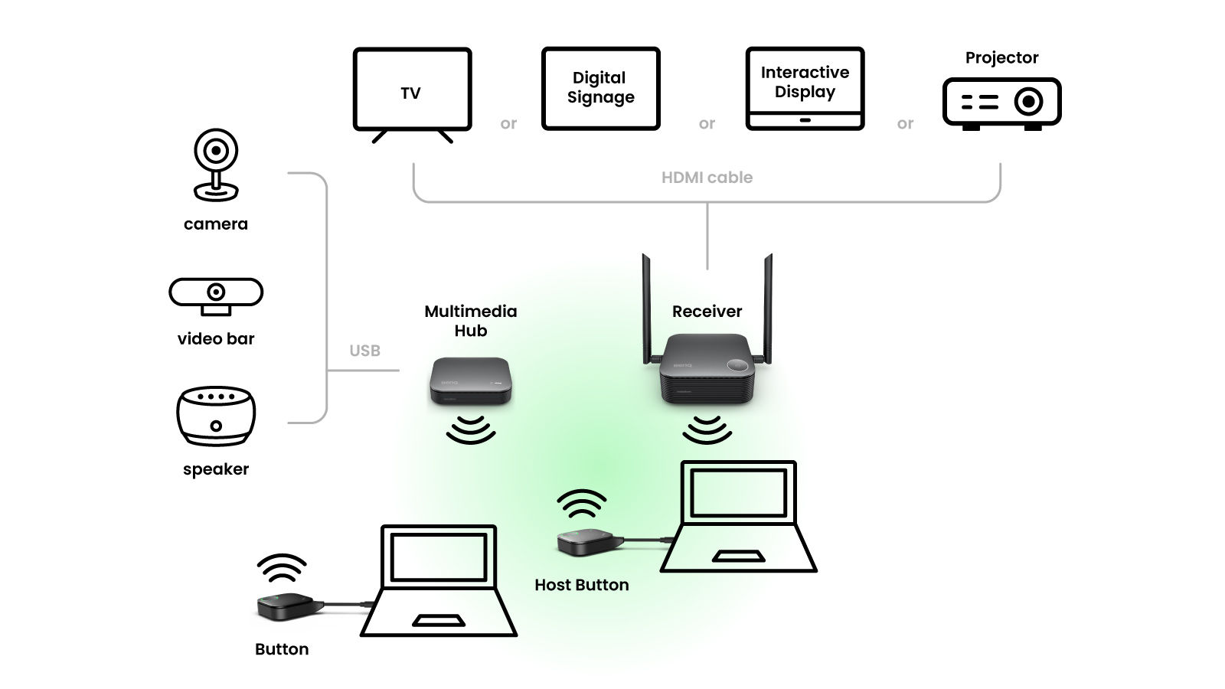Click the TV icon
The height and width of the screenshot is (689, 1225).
pos(412,90)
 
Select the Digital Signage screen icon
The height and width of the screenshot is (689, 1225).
pos(600,88)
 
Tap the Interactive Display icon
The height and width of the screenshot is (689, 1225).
pos(805,88)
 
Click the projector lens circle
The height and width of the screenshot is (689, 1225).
pos(1028,101)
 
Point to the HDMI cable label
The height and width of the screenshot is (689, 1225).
pos(707,178)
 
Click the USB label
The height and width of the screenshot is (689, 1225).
pos(364,351)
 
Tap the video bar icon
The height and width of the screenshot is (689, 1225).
pos(216,296)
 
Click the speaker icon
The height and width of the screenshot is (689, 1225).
pos(216,417)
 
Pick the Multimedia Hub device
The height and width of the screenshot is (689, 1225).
pos(469,380)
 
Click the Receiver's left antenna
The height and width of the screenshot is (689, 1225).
pos(646,306)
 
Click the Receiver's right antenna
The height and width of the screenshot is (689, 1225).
pos(767,306)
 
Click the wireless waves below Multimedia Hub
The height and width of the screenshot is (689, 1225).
pos(470,430)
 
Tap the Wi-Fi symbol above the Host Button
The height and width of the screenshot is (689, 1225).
pos(582,505)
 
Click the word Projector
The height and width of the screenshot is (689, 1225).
pos(1001,58)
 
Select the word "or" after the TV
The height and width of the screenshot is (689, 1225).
pos(508,123)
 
